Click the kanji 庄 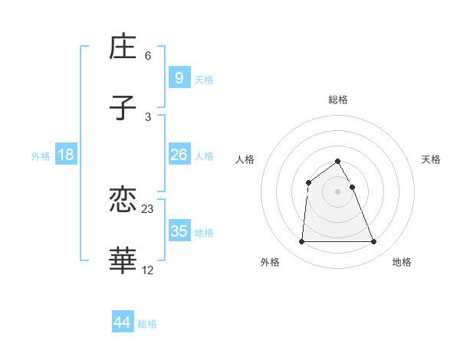tap(123, 47)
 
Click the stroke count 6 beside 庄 tap(148, 56)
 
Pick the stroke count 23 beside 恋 tap(148, 208)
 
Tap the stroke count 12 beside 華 tap(148, 270)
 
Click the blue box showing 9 tap(179, 77)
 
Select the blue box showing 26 tap(179, 155)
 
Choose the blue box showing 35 tap(179, 231)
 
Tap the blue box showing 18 tap(66, 155)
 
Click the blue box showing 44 tap(123, 322)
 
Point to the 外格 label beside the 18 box tap(41, 156)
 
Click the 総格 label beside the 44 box tap(147, 324)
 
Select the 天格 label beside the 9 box tap(204, 80)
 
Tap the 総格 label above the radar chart tap(338, 100)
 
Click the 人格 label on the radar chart tap(245, 159)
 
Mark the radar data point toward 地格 tap(373, 242)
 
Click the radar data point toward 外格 tap(301, 242)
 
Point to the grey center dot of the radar tap(337, 191)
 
